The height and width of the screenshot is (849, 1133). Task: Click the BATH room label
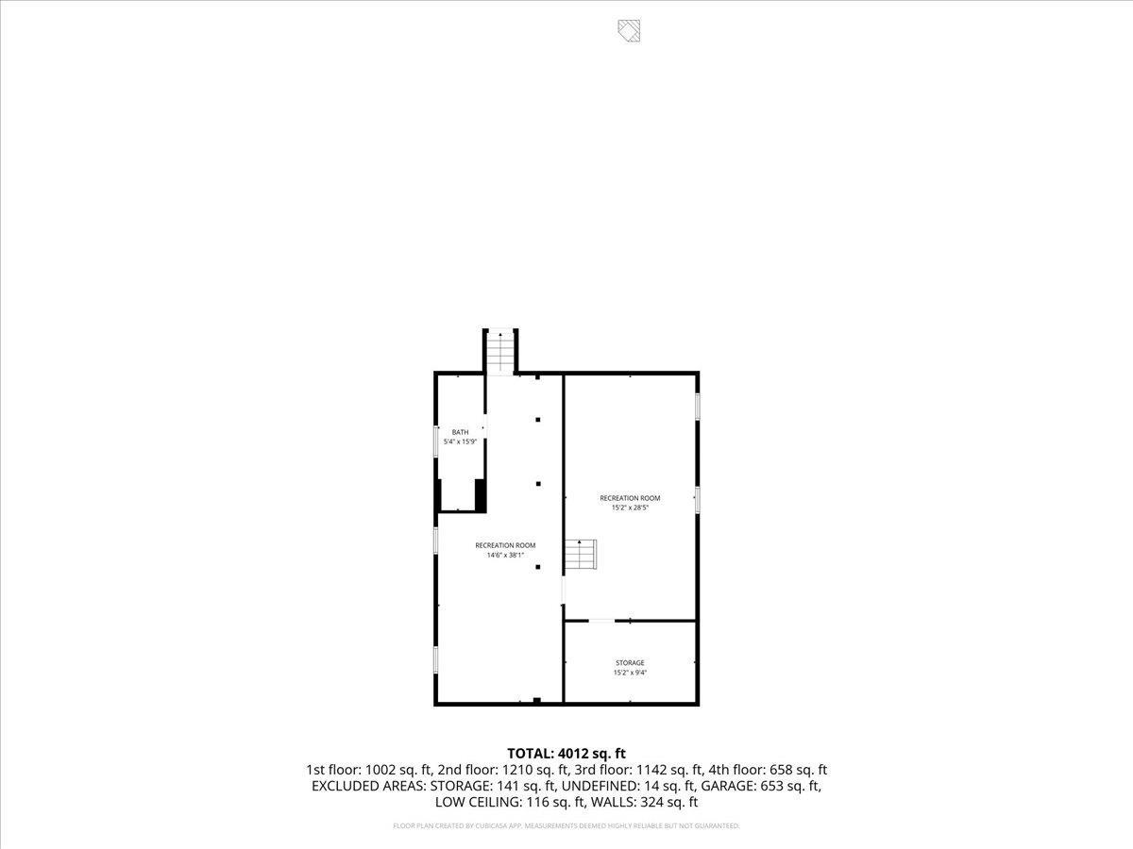(x=460, y=432)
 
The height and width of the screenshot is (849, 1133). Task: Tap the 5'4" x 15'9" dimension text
(x=460, y=441)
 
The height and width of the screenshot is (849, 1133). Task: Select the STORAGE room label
(x=630, y=663)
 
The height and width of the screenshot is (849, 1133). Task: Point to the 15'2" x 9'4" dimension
(x=630, y=673)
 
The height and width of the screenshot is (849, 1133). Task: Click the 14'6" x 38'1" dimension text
(x=505, y=555)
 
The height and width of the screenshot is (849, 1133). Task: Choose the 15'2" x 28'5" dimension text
(x=630, y=508)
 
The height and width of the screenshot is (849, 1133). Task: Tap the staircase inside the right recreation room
(x=581, y=555)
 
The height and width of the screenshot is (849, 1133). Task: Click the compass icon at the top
(x=630, y=30)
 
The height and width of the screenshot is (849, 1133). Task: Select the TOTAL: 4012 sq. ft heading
(x=566, y=753)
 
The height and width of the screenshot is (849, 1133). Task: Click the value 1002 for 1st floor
(x=382, y=770)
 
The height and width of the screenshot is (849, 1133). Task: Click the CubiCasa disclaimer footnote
(x=566, y=826)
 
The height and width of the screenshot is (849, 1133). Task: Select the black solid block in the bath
(x=480, y=494)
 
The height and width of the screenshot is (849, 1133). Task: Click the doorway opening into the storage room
(x=601, y=621)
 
